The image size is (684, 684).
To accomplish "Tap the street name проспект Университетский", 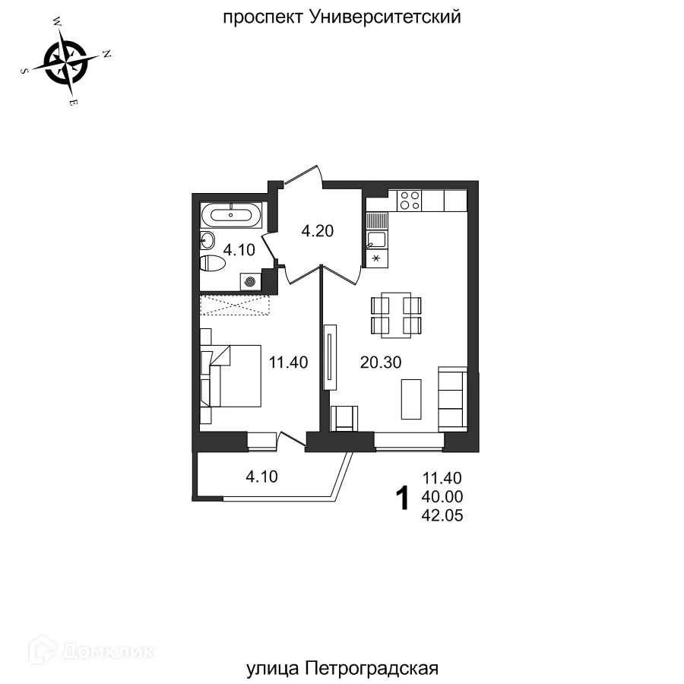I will click(341, 17).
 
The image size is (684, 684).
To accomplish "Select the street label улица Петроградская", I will click(343, 668).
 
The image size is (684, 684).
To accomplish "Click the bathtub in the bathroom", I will click(233, 215).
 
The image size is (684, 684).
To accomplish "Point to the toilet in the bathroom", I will click(212, 264).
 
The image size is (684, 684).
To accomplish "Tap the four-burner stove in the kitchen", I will click(410, 200).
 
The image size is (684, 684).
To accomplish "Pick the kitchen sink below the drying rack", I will click(376, 240).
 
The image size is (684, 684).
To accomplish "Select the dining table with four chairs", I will click(395, 315).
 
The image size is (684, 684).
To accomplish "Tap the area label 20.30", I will click(381, 363).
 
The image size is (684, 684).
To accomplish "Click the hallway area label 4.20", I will click(318, 231).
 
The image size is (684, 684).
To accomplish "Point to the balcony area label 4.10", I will click(261, 477).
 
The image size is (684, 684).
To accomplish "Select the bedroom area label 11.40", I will click(288, 363).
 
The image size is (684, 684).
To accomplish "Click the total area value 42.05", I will click(442, 515).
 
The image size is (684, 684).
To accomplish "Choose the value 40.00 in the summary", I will click(442, 497).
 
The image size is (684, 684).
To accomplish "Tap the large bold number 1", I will click(404, 499).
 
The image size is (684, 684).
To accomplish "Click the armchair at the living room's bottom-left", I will click(345, 417).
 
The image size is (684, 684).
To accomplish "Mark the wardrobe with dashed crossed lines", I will click(236, 304).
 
